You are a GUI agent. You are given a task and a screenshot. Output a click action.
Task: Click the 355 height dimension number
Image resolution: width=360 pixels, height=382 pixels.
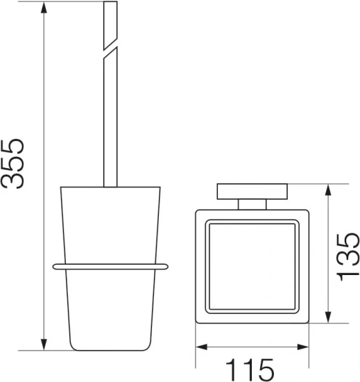click(12, 164)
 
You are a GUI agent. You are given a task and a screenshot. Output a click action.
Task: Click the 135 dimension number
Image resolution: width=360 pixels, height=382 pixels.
click(348, 257)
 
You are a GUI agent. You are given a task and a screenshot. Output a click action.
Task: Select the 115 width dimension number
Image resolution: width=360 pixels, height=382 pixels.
click(250, 370)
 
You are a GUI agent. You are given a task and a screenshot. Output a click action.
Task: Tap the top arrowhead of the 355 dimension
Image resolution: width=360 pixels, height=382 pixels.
click(44, 8)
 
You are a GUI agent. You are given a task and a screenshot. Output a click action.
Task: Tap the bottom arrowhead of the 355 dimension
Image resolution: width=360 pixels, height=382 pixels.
click(44, 344)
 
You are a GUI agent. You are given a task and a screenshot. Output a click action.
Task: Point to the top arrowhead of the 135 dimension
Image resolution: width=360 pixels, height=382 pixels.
click(328, 190)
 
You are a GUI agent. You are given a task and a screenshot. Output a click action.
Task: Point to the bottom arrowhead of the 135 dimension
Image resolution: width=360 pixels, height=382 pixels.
click(328, 317)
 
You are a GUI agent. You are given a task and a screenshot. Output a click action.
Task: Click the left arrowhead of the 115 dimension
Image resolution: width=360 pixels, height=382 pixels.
click(202, 347)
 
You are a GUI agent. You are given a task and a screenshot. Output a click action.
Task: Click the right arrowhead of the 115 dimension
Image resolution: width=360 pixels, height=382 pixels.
click(303, 347)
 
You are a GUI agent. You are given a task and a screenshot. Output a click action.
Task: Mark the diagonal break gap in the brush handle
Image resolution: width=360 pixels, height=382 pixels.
click(110, 49)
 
